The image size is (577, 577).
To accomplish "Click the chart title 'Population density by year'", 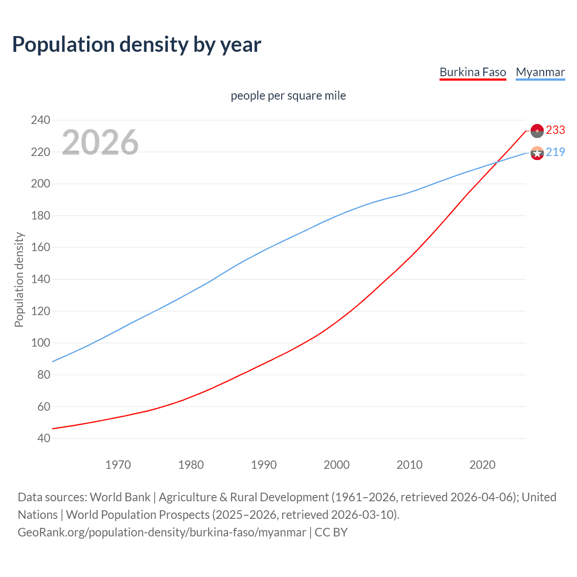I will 137,45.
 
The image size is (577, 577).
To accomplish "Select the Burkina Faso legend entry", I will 472,72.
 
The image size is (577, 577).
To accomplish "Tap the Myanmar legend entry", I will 540,72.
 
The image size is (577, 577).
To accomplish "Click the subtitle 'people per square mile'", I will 288,96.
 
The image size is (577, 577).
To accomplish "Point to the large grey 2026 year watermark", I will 100,142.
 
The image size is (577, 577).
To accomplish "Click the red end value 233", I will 555,130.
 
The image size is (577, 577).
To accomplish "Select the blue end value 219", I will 555,152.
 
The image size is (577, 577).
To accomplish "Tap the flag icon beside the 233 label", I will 537,131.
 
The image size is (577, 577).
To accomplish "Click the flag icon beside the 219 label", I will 537,153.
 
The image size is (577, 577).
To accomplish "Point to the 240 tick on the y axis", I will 40,120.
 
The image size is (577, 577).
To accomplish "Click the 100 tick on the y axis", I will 40,343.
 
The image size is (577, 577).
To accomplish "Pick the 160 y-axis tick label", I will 40,247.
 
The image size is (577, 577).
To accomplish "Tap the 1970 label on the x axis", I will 118,465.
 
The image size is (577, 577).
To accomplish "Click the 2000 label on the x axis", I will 337,465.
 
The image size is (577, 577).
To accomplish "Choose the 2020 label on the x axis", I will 482,465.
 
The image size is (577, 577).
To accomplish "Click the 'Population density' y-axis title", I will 19,279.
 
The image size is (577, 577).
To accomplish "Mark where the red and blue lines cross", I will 497,162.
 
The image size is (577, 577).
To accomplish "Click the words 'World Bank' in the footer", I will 120,497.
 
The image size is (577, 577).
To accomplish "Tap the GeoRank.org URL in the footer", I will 162,532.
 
